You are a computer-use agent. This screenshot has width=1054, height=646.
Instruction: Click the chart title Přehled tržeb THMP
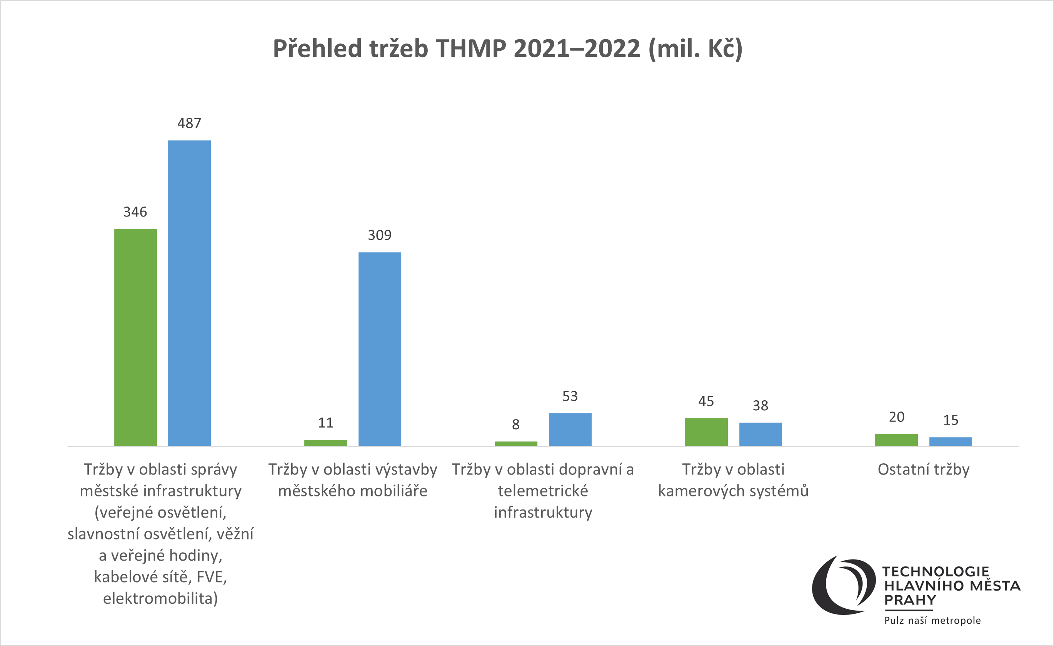point(507,48)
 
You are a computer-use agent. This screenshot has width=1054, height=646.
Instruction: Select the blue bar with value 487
point(189,293)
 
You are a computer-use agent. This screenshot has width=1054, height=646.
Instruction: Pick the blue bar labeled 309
point(379,349)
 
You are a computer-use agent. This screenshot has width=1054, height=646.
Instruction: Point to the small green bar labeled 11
point(325,443)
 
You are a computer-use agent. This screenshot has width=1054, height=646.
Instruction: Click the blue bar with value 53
point(570,429)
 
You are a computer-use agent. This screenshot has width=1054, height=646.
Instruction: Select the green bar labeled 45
point(706,432)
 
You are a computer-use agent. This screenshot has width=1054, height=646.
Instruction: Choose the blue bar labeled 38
point(760,435)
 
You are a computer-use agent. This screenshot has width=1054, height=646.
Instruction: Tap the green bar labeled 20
point(896,440)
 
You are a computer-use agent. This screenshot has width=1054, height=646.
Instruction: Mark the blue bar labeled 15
point(950,442)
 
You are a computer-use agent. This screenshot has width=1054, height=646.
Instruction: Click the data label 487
point(189,123)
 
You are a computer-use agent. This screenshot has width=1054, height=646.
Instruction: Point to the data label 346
point(135,212)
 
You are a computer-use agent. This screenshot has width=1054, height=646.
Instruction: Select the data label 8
point(515,425)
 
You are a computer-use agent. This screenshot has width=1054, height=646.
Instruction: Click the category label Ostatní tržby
point(923,470)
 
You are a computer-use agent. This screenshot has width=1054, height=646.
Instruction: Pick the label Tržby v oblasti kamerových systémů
point(733,480)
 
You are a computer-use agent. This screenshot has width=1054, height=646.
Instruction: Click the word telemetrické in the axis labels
point(543,491)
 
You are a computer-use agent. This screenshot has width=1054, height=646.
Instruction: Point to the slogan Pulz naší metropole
point(932,620)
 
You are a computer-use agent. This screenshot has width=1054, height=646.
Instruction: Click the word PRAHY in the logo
point(910,600)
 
